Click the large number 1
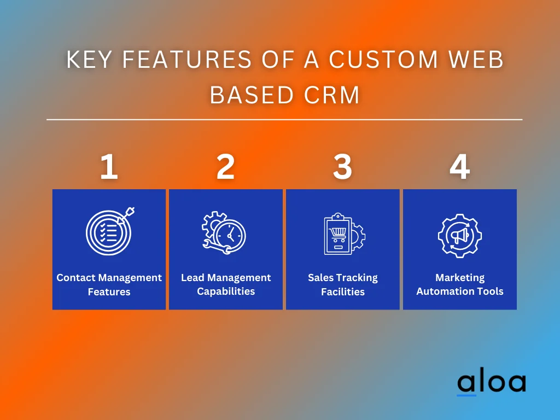point(109,167)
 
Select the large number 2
point(225,167)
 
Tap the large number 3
point(342,167)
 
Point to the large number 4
point(459,167)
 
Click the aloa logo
point(491,383)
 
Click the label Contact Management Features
point(109,284)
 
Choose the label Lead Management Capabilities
point(226,284)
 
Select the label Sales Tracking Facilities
point(342,284)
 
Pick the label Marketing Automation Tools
point(459,284)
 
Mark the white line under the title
point(284,119)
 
